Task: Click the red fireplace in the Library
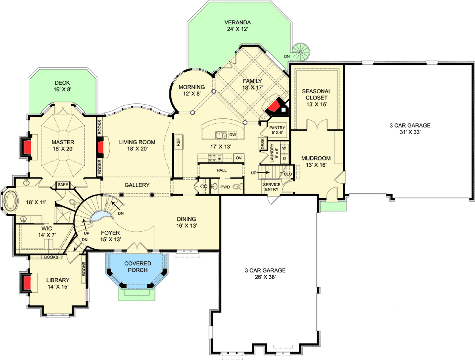click(27, 283)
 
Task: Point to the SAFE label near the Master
click(63, 185)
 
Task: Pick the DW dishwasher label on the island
click(233, 135)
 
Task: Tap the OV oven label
click(238, 158)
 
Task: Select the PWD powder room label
click(226, 187)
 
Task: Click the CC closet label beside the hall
click(204, 187)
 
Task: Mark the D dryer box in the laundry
click(284, 158)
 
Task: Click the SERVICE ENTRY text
click(272, 187)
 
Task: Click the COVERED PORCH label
click(137, 267)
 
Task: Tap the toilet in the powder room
click(236, 187)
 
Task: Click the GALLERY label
click(137, 185)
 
